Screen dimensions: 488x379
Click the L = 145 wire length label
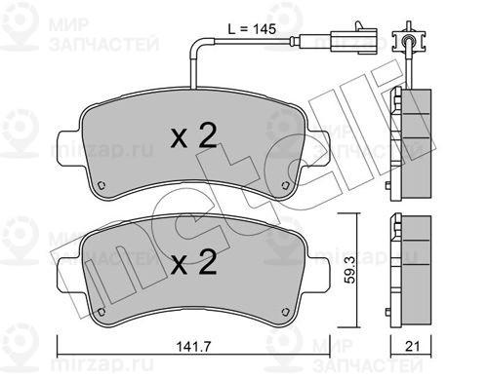252,29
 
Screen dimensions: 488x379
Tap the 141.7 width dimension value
193,347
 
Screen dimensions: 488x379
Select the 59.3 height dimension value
350,270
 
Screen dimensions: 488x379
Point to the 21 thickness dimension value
412,346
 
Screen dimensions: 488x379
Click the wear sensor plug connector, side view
354,40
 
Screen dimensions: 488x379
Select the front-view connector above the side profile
409,40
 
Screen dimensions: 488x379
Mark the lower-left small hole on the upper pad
102,185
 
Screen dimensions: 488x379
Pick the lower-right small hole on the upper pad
285,185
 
